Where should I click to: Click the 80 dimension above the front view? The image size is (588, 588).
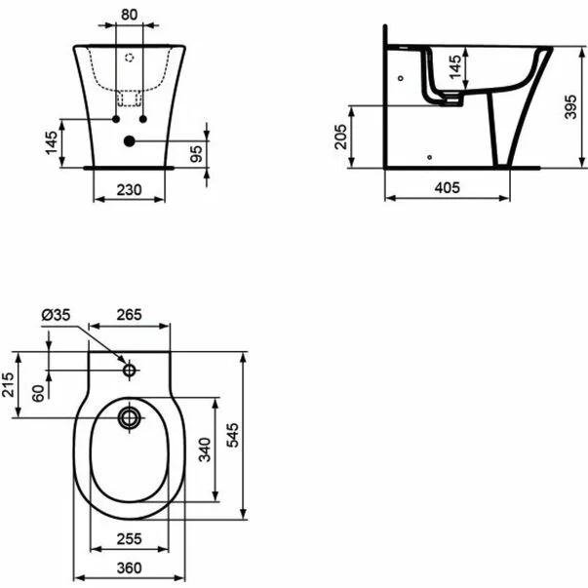click(x=128, y=15)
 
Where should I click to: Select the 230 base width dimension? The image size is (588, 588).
click(x=128, y=188)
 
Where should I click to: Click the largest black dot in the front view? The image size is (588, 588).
click(x=129, y=141)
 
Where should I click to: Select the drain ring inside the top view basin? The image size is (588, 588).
click(x=129, y=419)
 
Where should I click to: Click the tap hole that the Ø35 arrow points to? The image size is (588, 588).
click(x=129, y=371)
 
